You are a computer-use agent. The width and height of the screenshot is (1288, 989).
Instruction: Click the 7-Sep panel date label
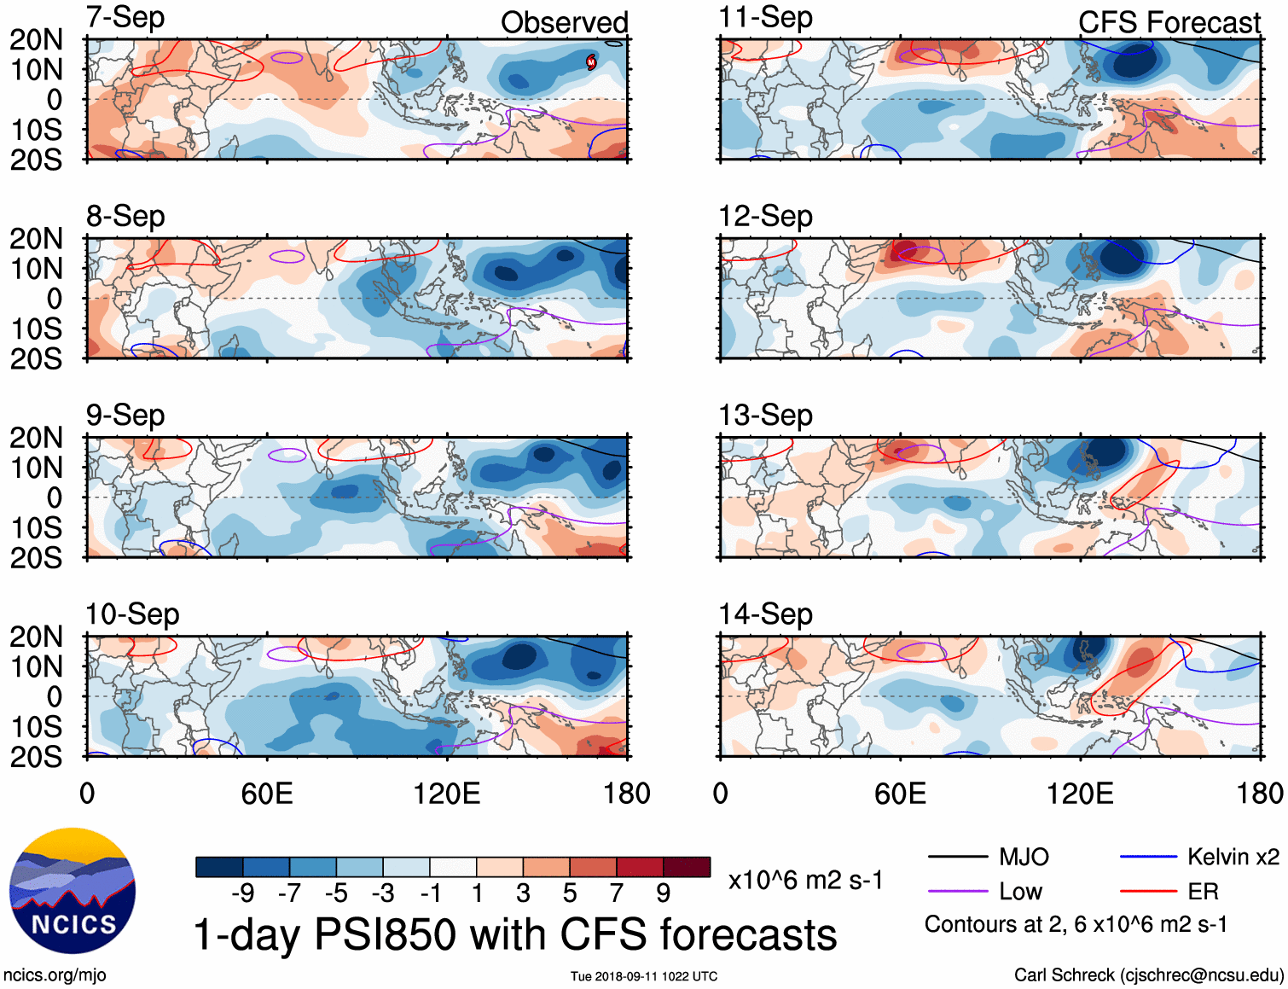(125, 17)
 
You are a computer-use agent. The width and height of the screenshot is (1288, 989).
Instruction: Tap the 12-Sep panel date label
(765, 216)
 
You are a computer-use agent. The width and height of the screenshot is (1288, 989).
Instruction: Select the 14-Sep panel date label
(765, 614)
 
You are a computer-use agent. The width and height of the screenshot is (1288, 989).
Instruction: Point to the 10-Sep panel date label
(132, 614)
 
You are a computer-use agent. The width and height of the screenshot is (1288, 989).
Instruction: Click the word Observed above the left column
(564, 22)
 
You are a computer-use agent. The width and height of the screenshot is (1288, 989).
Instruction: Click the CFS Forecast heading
(1169, 22)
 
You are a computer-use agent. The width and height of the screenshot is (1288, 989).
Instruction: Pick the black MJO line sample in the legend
(957, 857)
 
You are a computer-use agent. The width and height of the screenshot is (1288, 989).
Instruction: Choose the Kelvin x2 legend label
(1233, 857)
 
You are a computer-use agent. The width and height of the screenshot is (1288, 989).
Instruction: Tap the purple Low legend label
(1020, 892)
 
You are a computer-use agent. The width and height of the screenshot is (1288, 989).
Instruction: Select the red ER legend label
(1203, 892)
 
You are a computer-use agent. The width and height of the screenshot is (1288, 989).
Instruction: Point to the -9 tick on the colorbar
(242, 893)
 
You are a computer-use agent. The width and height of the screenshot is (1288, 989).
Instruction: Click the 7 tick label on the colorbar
(617, 893)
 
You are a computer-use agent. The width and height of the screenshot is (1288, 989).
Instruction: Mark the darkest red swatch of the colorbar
(687, 867)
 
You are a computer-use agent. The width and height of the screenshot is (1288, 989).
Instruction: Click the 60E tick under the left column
(267, 794)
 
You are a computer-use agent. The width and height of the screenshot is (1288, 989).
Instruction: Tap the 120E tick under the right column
(1080, 794)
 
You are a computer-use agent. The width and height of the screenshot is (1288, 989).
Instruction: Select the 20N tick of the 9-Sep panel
(36, 438)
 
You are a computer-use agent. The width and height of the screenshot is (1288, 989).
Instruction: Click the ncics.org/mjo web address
(55, 974)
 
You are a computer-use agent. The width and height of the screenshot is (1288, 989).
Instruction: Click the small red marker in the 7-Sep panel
(590, 61)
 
